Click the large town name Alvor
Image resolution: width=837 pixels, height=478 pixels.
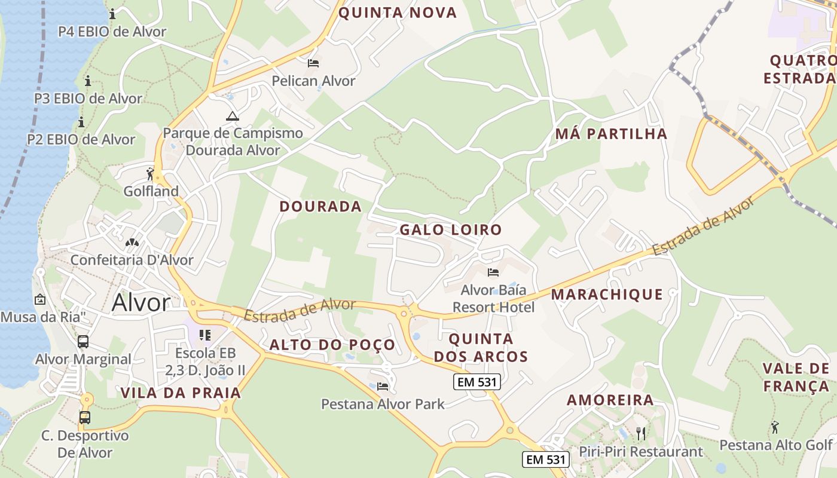coord(141,303)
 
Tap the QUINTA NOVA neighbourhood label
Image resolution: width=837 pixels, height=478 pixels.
coord(398,13)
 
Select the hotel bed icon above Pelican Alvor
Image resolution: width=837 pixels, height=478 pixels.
coord(313,63)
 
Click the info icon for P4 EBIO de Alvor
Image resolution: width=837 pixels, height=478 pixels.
coord(112,14)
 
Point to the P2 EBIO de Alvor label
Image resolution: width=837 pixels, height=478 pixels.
coord(81,139)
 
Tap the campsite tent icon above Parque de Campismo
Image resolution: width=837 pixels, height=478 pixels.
coord(233,115)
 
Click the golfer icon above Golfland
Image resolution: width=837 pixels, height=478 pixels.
coord(150,174)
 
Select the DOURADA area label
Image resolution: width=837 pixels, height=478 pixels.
coord(320,207)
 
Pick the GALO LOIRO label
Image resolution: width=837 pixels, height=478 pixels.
coord(451,229)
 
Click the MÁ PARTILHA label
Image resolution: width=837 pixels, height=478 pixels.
coord(611,134)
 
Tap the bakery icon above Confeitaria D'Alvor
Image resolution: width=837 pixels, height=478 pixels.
coord(132,243)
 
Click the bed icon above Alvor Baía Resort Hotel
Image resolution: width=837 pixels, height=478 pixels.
coord(493,272)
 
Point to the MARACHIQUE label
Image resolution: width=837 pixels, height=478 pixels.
coord(607,294)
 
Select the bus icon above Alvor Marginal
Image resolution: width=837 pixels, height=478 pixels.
coord(83,342)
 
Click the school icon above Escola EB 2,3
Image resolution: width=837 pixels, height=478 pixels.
coord(205,335)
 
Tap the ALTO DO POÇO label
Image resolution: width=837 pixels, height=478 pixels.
coord(332,345)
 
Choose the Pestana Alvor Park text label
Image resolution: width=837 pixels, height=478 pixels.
coord(383,404)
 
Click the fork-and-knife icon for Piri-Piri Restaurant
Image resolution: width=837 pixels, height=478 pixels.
coord(641,433)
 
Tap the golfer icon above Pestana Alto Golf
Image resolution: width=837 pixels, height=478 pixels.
coord(775,427)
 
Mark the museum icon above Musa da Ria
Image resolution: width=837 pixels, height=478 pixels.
coord(40,299)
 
